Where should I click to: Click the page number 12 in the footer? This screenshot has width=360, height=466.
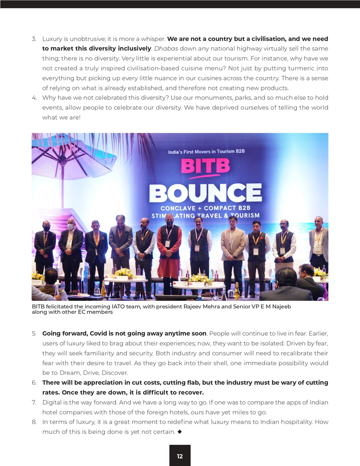click(x=180, y=456)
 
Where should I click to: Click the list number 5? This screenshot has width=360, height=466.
click(x=34, y=334)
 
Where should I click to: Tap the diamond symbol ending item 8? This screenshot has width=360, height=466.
click(x=180, y=432)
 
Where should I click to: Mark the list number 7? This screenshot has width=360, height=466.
click(x=34, y=402)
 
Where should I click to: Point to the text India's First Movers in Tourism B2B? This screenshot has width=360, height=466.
click(x=206, y=152)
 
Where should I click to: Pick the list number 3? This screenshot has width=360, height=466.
click(x=34, y=39)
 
